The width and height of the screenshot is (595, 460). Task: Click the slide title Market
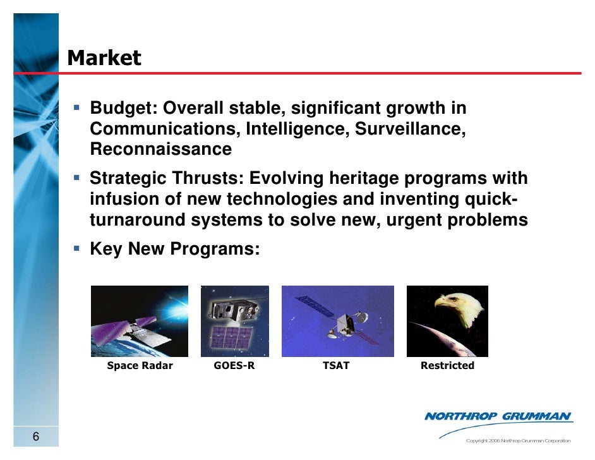point(104,58)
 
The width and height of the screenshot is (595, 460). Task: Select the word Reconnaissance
point(160,150)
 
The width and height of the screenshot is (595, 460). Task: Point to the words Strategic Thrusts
point(166,179)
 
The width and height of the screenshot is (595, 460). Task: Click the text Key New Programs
point(174,248)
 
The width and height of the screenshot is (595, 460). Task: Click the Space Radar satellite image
point(140,321)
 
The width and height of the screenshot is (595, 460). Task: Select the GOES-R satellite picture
point(234,321)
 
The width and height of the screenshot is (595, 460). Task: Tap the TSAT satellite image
point(337,321)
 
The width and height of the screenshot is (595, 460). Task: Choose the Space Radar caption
point(140,366)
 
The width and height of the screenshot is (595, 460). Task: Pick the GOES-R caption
point(234,366)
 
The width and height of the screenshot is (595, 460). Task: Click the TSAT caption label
point(335,366)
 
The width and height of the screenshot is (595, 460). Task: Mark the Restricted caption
point(447,366)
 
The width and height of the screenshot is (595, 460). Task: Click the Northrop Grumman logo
point(498,417)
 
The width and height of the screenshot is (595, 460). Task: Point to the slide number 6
point(35,437)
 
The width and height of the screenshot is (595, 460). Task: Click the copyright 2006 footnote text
point(517,440)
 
